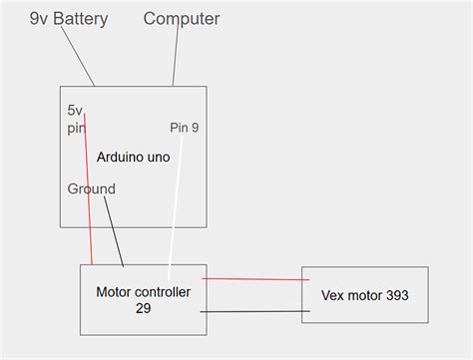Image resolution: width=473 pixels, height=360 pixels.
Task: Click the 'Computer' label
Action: (x=182, y=19)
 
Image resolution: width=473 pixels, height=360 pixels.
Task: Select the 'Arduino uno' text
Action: (x=133, y=158)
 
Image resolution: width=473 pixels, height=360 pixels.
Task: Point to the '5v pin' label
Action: (x=76, y=119)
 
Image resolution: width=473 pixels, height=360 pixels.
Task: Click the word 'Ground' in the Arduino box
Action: (x=91, y=188)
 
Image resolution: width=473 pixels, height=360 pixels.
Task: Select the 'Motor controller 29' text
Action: (x=143, y=300)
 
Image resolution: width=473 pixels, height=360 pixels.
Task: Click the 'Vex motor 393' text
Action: (x=364, y=295)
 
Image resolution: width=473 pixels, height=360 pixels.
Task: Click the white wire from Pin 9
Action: (x=175, y=209)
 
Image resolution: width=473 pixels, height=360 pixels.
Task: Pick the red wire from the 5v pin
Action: (x=89, y=199)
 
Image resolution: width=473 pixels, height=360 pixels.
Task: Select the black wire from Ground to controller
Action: (x=114, y=231)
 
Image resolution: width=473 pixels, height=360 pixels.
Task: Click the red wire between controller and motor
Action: (x=254, y=279)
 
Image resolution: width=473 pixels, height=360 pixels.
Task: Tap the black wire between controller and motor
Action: (x=254, y=312)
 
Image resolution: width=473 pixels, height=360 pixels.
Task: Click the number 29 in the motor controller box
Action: (x=143, y=309)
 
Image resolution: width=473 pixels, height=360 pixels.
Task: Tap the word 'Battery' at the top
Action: (x=80, y=19)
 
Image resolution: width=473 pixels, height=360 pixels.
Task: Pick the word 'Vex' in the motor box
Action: (x=333, y=295)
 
